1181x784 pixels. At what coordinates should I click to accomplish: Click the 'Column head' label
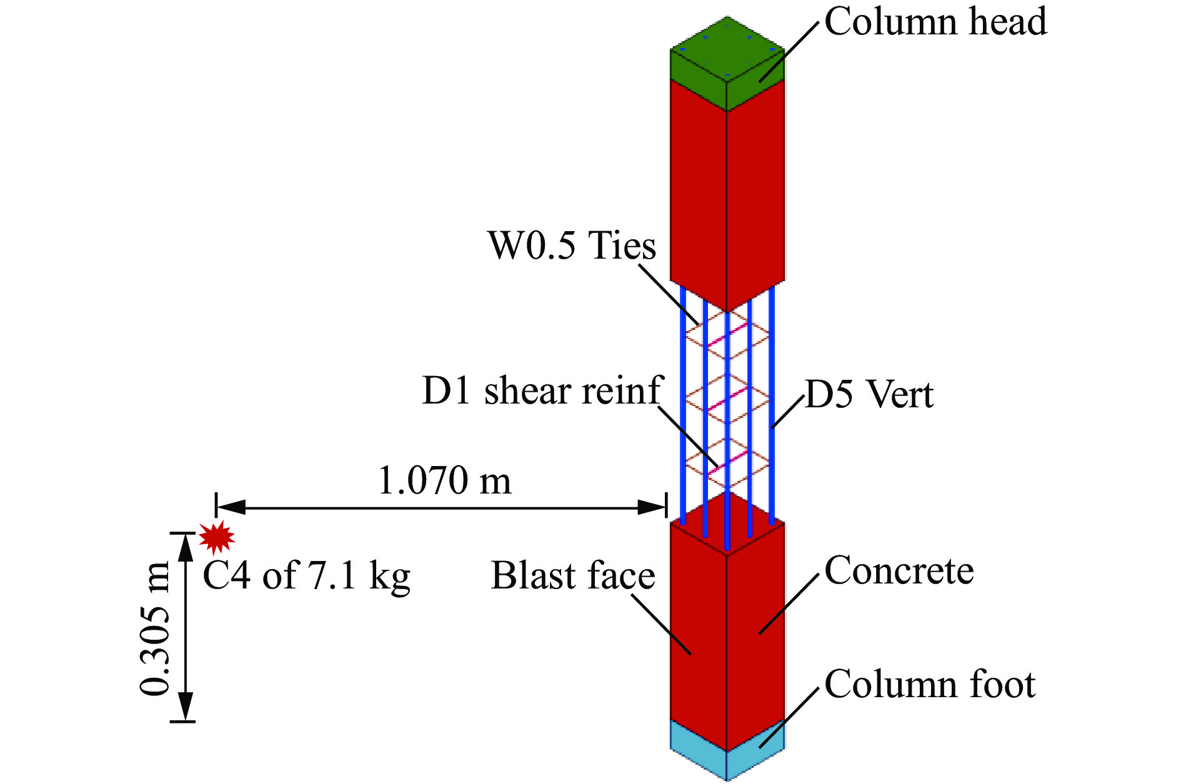point(935,22)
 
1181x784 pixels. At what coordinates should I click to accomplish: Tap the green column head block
point(727,62)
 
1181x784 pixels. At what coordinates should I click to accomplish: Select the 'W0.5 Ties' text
point(572,245)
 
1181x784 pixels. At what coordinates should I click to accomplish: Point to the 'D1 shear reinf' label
point(542,392)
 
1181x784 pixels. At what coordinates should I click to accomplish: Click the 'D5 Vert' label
point(869,394)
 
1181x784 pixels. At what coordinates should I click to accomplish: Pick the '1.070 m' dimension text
point(445,481)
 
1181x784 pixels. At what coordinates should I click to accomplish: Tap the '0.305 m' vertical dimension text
point(154,628)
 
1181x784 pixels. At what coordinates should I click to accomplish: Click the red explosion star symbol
point(217,537)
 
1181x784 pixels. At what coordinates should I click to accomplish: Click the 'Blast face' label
point(573,575)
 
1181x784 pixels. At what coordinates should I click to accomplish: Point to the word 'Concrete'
point(899,570)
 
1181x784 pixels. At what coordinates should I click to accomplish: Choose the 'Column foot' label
point(930,684)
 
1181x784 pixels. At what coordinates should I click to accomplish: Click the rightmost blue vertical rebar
point(772,405)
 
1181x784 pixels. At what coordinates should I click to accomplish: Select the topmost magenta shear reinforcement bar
point(727,335)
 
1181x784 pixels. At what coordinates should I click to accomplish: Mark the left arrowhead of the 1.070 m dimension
point(231,507)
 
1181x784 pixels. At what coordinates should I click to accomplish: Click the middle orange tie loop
point(727,399)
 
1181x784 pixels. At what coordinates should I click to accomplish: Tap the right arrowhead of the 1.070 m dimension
point(652,507)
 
